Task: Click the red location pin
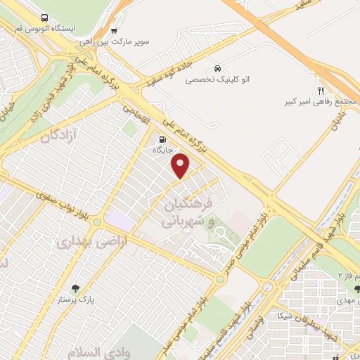(181, 166)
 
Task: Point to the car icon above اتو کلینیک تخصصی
(217, 68)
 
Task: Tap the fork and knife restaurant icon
(321, 90)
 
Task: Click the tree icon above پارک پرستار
(75, 288)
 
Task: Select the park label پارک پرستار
(75, 300)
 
